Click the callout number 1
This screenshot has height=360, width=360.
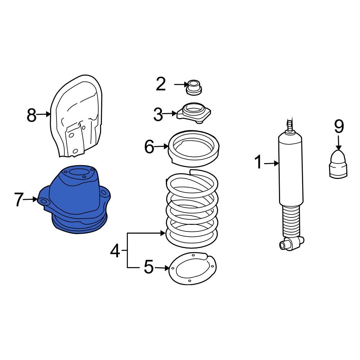pos(258,162)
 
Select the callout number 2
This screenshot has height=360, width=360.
pos(161,84)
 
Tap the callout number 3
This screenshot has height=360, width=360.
pos(158,115)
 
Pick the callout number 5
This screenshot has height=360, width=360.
pos(148,267)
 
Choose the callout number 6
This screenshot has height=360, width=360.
pos(149,147)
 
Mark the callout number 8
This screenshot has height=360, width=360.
pos(32,115)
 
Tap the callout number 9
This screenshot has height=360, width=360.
pos(339,126)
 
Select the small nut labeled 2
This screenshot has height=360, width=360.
pos(194,88)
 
